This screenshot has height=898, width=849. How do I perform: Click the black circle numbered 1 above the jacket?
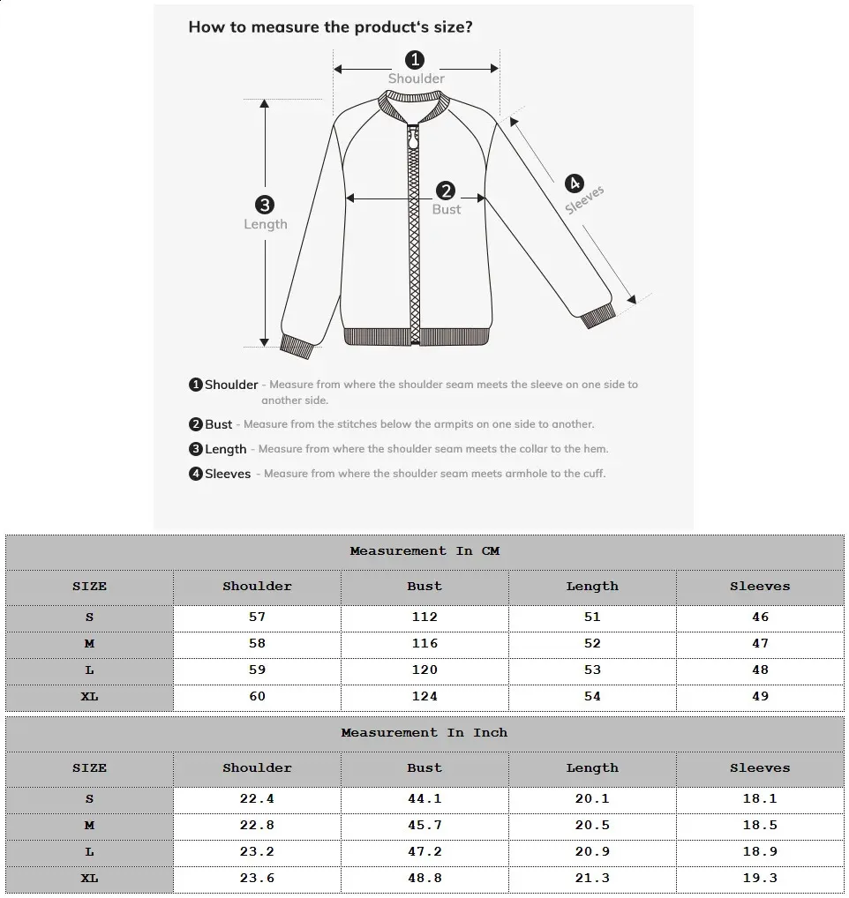click(x=415, y=60)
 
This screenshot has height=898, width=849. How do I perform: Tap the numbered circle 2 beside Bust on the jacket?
click(x=446, y=191)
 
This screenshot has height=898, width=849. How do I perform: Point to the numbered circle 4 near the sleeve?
click(x=574, y=183)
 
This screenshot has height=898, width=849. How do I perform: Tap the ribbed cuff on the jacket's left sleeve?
click(x=297, y=346)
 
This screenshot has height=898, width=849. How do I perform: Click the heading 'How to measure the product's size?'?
click(x=330, y=27)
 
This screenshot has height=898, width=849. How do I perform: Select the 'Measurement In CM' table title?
click(x=424, y=551)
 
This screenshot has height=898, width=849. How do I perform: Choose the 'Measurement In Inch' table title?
click(x=424, y=733)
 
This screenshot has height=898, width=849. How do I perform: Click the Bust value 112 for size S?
click(x=424, y=617)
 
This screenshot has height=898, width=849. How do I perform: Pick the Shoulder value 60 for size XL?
click(x=257, y=697)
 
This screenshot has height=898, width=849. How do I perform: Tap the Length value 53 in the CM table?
click(x=592, y=670)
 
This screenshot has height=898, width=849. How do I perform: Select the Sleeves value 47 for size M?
click(x=760, y=644)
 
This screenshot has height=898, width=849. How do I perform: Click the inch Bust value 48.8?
click(x=424, y=879)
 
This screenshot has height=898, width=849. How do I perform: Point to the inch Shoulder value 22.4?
click(x=257, y=799)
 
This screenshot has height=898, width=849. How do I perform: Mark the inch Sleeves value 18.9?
click(x=760, y=852)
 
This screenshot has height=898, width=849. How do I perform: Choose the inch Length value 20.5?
click(x=592, y=826)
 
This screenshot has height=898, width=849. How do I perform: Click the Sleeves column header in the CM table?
click(x=760, y=587)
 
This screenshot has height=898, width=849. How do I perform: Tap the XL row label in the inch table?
click(x=89, y=879)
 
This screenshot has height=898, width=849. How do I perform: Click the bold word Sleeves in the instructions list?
click(x=228, y=474)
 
